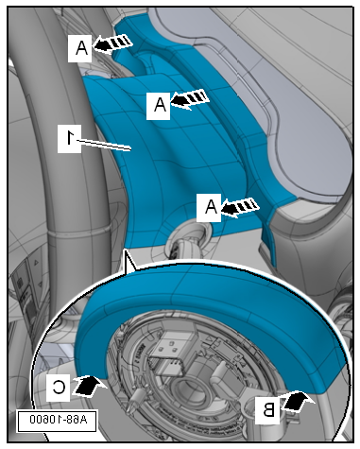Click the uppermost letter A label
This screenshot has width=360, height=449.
[x=80, y=48]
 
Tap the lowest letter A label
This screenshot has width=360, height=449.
[x=209, y=207]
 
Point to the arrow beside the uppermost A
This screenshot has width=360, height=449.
[x=112, y=43]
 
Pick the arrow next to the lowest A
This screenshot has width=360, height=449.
[x=240, y=207]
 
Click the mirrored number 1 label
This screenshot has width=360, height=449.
[x=69, y=139]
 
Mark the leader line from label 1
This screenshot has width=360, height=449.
[x=103, y=145]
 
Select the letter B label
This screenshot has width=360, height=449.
[x=266, y=410]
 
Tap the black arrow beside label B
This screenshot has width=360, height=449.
[x=296, y=401]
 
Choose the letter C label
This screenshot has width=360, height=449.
[x=59, y=388]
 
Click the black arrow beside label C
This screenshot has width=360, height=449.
[x=89, y=385]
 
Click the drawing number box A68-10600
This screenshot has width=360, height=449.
[x=57, y=420]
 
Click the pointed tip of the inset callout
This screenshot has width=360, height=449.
[x=126, y=250]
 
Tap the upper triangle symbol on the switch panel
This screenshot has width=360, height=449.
[x=36, y=262]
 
